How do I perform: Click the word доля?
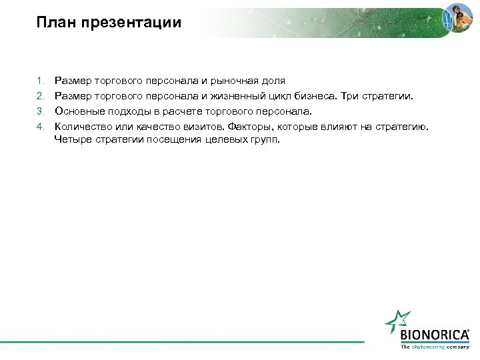point(274,81)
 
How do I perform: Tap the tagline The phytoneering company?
point(434,347)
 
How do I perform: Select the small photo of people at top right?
point(459,18)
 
